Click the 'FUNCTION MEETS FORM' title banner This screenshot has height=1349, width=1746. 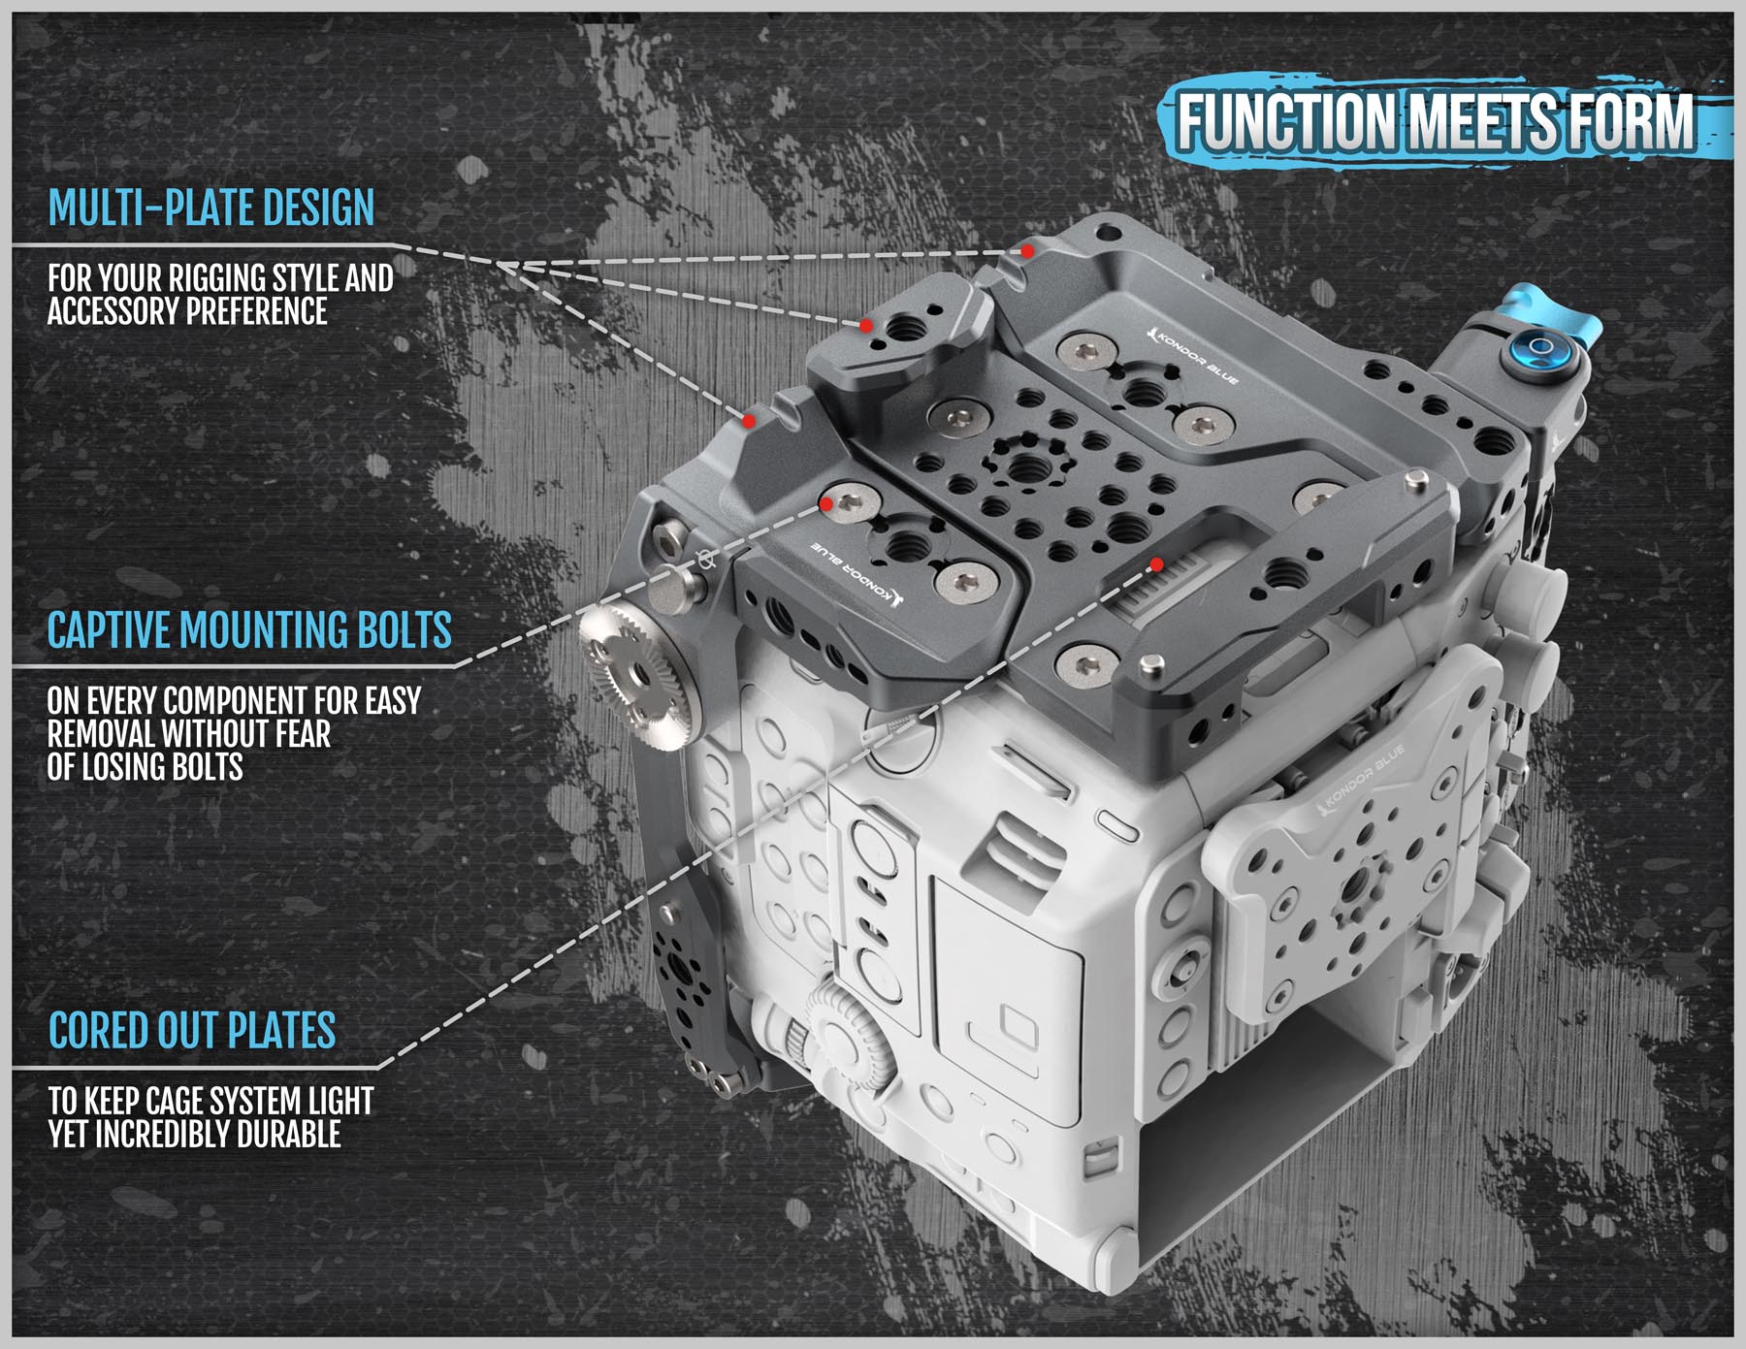point(1436,121)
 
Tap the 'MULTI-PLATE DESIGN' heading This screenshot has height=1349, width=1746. point(211,208)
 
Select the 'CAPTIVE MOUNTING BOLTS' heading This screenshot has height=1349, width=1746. point(249,629)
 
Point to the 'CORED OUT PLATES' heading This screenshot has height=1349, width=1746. point(192,1030)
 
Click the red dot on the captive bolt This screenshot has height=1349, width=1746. point(826,503)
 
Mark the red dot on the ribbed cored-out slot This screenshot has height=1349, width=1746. point(1156,564)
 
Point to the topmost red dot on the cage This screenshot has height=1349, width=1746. point(1026,250)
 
